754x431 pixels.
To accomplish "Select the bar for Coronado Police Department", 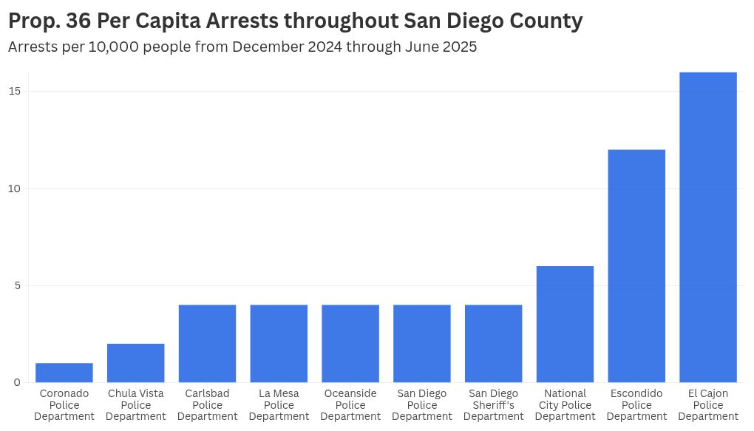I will pyautogui.click(x=64, y=373).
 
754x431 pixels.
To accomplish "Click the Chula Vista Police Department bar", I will pyautogui.click(x=136, y=363).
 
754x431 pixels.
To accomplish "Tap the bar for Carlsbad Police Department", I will pyautogui.click(x=207, y=344).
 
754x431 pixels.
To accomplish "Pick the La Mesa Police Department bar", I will pyautogui.click(x=279, y=344).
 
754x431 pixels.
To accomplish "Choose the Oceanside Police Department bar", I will pyautogui.click(x=350, y=344).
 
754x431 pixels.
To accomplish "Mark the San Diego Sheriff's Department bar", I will pyautogui.click(x=493, y=344).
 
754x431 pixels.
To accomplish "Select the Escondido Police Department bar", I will pyautogui.click(x=636, y=266).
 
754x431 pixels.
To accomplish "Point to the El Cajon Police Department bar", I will pyautogui.click(x=708, y=227).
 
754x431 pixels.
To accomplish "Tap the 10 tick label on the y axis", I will pyautogui.click(x=14, y=189).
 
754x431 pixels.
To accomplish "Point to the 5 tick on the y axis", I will pyautogui.click(x=17, y=285).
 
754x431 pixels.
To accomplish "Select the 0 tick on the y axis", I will pyautogui.click(x=17, y=382).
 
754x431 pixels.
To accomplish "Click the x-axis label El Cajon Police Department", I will pyautogui.click(x=708, y=405).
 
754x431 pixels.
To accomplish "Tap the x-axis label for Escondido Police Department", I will pyautogui.click(x=636, y=405).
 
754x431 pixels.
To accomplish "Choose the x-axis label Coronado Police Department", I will pyautogui.click(x=64, y=405).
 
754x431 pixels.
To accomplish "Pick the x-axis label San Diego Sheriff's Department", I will pyautogui.click(x=493, y=405).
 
